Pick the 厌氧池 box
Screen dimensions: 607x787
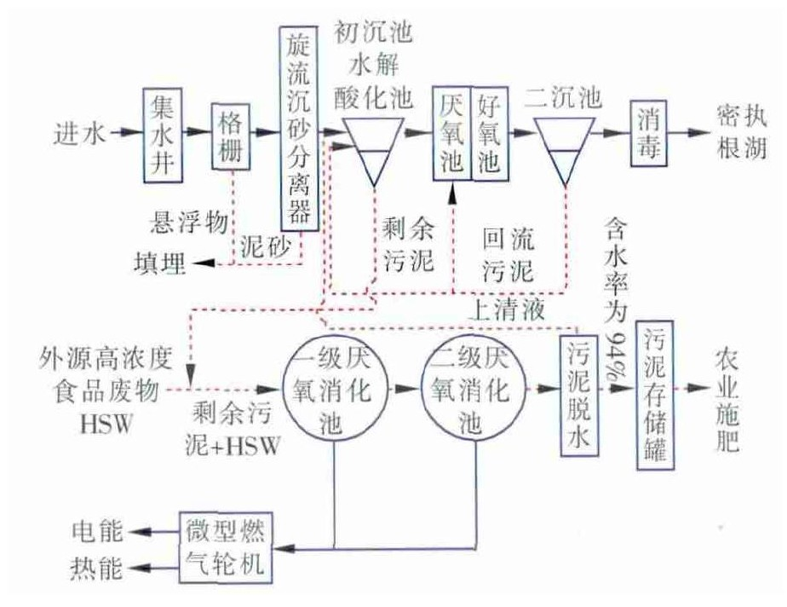[451, 133]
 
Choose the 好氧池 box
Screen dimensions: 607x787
[489, 133]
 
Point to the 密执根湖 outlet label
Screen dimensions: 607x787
[738, 132]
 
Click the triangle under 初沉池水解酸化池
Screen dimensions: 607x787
[373, 146]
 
